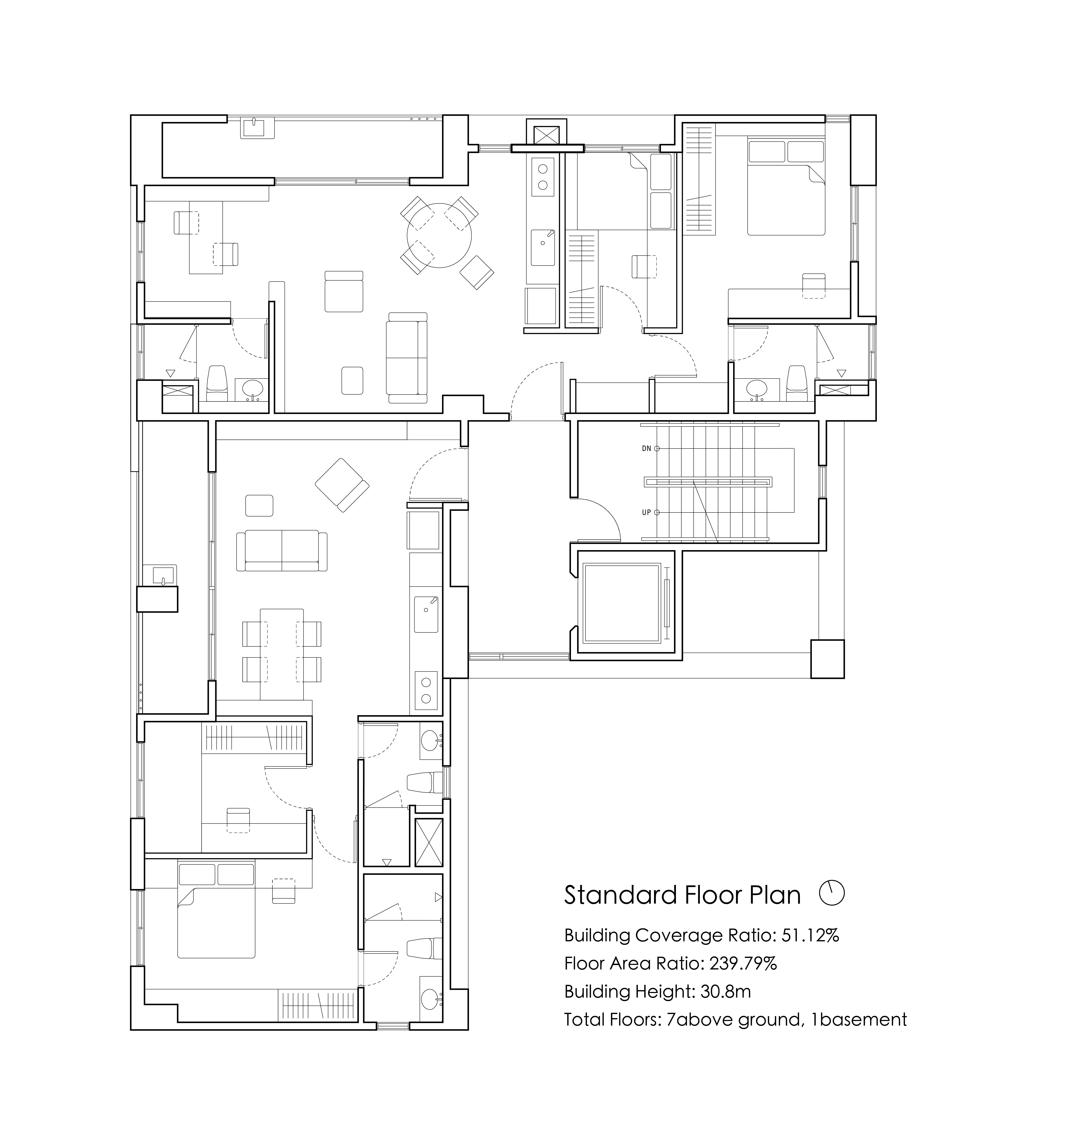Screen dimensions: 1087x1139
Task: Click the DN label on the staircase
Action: (647, 448)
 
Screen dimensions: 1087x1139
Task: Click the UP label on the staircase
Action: (647, 512)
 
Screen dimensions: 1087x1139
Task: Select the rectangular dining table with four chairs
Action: (282, 654)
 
